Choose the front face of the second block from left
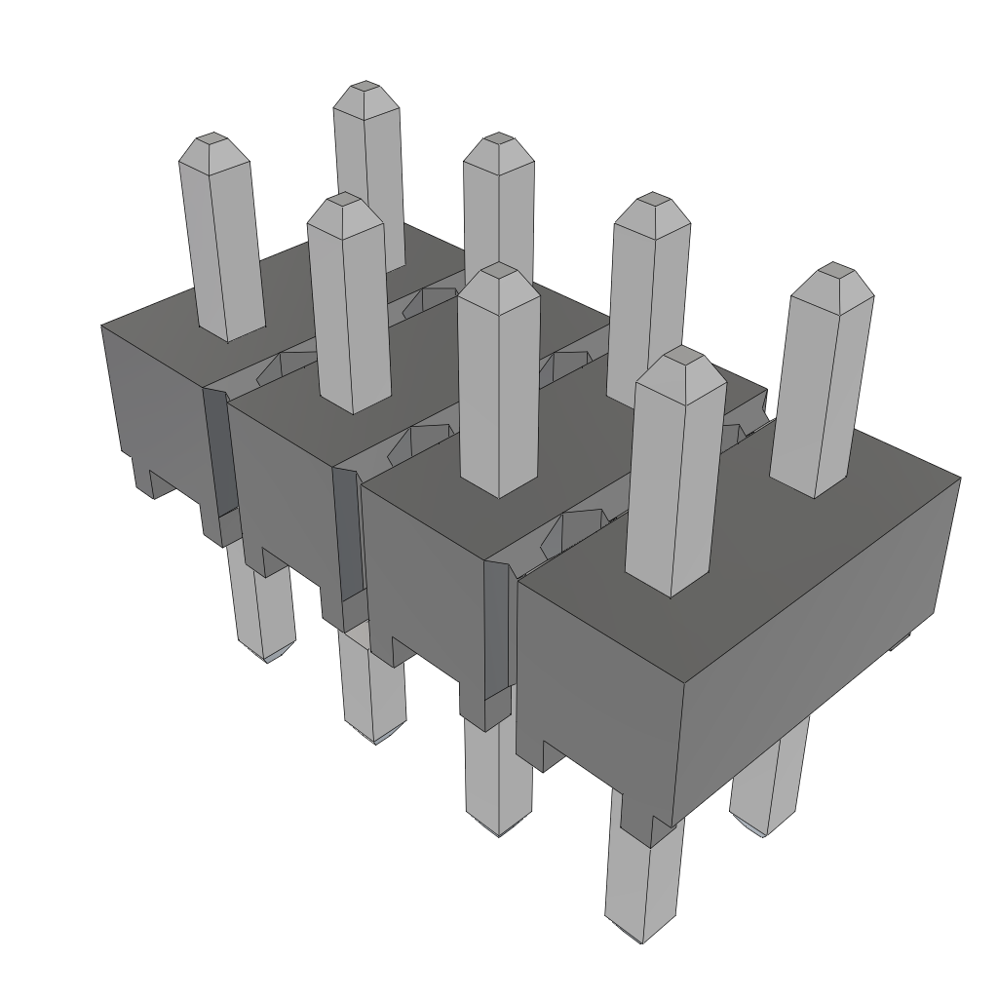coord(283,487)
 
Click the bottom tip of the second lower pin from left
coord(376,736)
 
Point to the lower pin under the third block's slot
coord(497,780)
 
